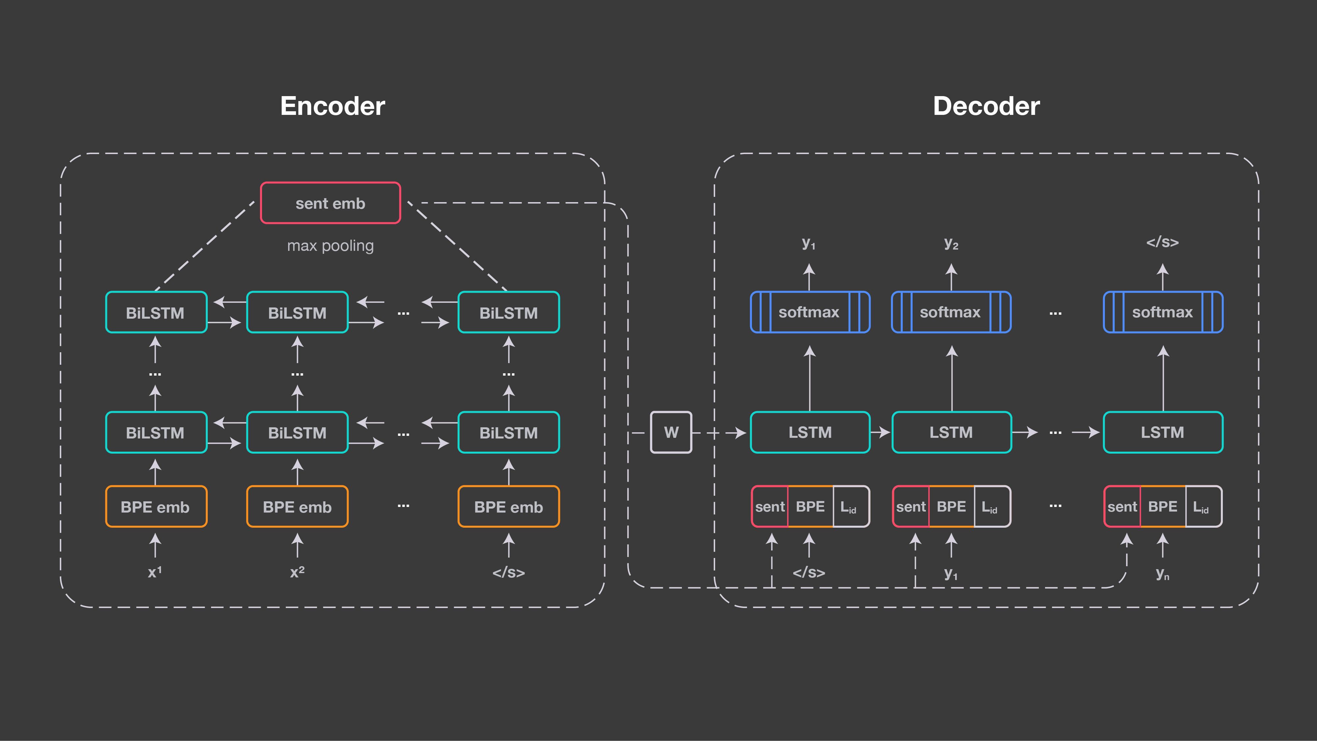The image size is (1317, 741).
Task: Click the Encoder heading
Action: [332, 106]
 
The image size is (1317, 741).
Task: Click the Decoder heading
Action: [986, 106]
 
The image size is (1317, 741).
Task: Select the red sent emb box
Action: [330, 203]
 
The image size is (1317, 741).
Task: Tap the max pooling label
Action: [330, 246]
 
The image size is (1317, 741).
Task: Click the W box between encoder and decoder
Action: [671, 432]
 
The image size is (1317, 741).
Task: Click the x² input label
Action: [297, 572]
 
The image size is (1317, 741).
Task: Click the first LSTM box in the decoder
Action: [810, 432]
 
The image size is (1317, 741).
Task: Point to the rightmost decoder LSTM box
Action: [1163, 432]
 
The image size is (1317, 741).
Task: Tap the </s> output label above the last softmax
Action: [1162, 242]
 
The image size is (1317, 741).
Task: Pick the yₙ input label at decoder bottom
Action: [1162, 573]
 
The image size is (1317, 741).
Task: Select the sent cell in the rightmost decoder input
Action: [1122, 506]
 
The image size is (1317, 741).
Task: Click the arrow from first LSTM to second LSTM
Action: [880, 432]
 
